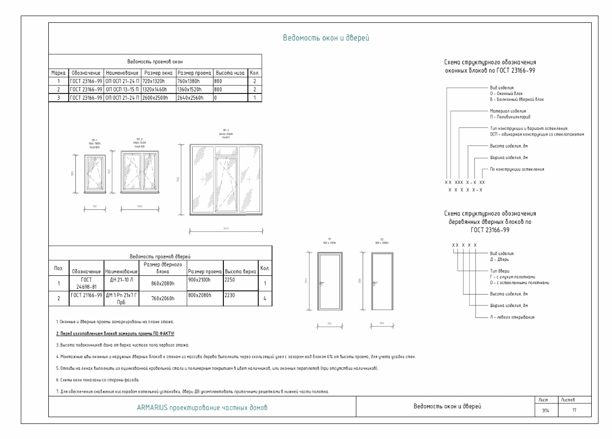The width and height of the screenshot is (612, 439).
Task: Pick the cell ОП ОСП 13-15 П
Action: (x=122, y=89)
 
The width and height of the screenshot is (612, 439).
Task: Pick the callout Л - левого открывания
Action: (x=506, y=316)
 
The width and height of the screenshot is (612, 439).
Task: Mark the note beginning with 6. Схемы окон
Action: (x=81, y=380)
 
